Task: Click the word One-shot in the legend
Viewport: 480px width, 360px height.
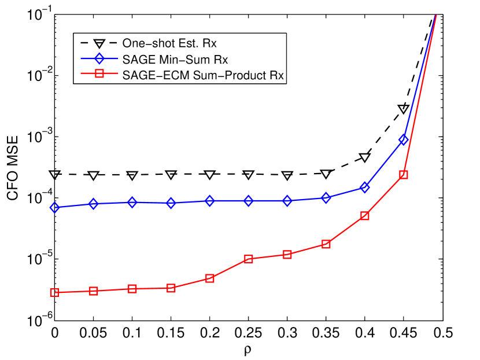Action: click(144, 43)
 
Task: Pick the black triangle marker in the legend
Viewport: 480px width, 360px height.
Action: click(99, 43)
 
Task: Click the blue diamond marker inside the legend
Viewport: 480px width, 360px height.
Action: click(99, 59)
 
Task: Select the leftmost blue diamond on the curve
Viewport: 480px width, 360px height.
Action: click(54, 207)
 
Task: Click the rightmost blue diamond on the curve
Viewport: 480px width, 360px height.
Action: click(403, 139)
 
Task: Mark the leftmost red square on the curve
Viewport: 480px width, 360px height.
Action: click(54, 293)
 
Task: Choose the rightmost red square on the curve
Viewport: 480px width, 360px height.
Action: click(403, 174)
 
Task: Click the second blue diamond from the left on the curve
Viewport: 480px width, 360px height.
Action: click(94, 204)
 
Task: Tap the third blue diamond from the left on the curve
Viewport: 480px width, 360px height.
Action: click(132, 203)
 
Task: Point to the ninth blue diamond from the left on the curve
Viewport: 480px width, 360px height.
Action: click(364, 188)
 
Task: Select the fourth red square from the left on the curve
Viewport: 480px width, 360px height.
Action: click(171, 288)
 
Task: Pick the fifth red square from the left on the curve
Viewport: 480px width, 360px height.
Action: click(210, 278)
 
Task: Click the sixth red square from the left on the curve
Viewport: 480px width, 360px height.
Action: click(248, 259)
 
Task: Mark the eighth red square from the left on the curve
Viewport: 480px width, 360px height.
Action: click(326, 244)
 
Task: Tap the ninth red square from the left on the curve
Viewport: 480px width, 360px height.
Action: click(364, 216)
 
